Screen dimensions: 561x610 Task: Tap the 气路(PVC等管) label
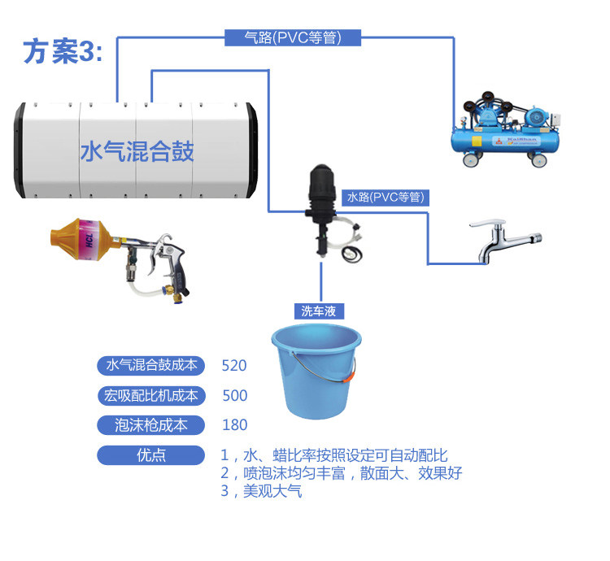pos(292,37)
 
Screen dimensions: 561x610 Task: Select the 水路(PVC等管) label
pos(386,197)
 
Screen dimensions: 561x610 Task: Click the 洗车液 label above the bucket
pos(319,311)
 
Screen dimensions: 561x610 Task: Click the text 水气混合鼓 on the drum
pos(137,151)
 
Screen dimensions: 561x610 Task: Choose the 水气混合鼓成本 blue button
pos(151,365)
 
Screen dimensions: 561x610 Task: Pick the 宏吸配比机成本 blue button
pos(151,395)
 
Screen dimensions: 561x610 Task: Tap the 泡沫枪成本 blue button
pos(151,424)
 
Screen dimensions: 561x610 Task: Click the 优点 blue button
pos(151,454)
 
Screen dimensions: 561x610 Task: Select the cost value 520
pos(234,366)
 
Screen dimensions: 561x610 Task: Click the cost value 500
pos(234,396)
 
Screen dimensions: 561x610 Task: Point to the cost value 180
pos(234,425)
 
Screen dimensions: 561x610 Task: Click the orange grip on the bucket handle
pos(350,376)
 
